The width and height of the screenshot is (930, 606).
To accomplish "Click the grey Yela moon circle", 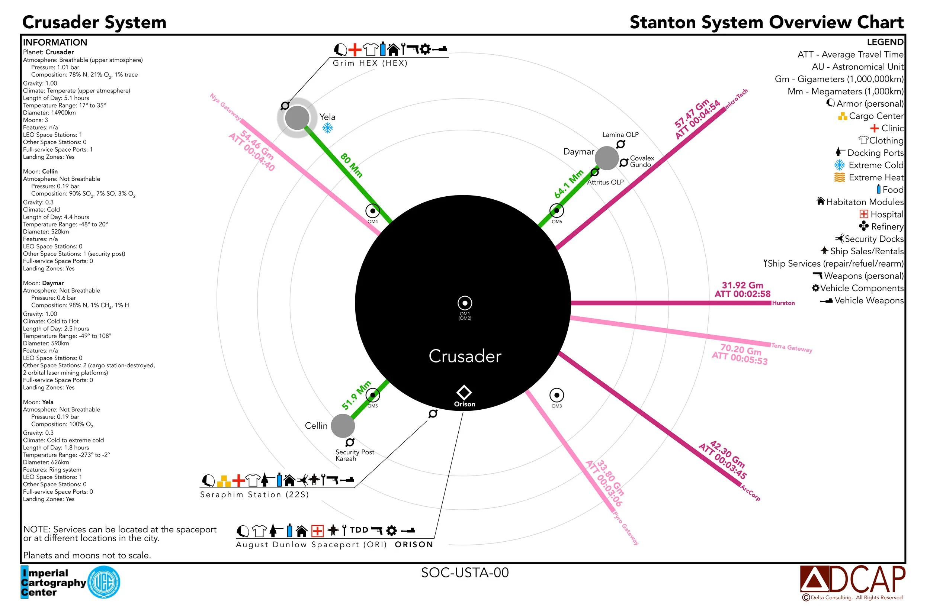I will tap(297, 118).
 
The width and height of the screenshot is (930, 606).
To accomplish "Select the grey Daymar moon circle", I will tap(606, 158).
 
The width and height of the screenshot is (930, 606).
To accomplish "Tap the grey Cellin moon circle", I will tap(343, 426).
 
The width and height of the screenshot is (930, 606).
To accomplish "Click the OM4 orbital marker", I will tap(372, 211).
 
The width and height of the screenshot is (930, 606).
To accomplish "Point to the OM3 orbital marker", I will tap(557, 395).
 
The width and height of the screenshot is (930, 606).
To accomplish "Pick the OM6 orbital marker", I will tap(557, 211).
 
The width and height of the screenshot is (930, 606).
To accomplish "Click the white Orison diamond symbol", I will tap(464, 392).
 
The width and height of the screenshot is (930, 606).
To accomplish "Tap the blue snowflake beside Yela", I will tap(327, 128).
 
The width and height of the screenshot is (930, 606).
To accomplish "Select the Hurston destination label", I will tap(783, 303).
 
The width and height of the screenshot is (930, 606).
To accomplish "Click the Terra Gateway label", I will tap(792, 347).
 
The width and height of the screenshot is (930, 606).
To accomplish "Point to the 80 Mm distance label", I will tap(351, 165).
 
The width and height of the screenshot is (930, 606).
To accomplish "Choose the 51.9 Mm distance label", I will tap(356, 395).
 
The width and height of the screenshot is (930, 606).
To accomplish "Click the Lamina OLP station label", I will tap(620, 135).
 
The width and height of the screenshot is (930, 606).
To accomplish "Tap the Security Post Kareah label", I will tap(355, 455).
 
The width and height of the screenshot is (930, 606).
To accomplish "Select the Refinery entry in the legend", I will tap(881, 226).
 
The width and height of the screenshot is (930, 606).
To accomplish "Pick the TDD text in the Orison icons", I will tap(359, 530).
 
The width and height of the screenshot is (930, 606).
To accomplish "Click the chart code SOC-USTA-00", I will tap(465, 573).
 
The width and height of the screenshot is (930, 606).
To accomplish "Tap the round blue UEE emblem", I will tap(104, 582).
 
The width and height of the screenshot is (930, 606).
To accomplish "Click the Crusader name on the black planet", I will tap(465, 356).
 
